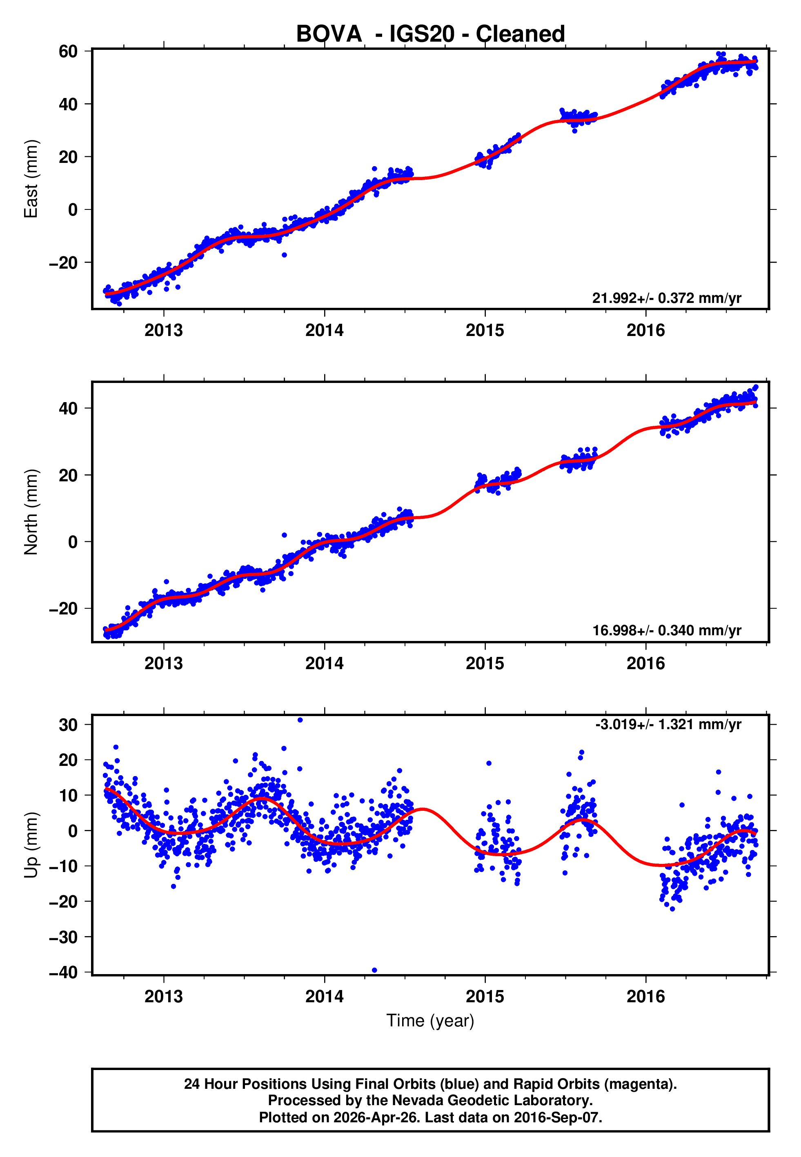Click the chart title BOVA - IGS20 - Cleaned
point(430,34)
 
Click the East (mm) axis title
point(31,179)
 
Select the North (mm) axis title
point(31,512)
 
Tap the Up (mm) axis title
point(31,845)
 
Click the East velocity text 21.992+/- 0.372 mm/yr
point(667,298)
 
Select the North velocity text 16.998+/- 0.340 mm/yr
point(667,631)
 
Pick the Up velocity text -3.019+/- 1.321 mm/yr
point(668,725)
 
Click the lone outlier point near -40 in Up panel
point(374,970)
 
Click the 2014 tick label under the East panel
point(324,331)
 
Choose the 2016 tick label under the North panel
point(645,664)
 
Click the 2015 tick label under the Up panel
point(485,997)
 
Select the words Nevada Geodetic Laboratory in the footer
point(492,1101)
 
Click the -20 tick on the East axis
point(64,263)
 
